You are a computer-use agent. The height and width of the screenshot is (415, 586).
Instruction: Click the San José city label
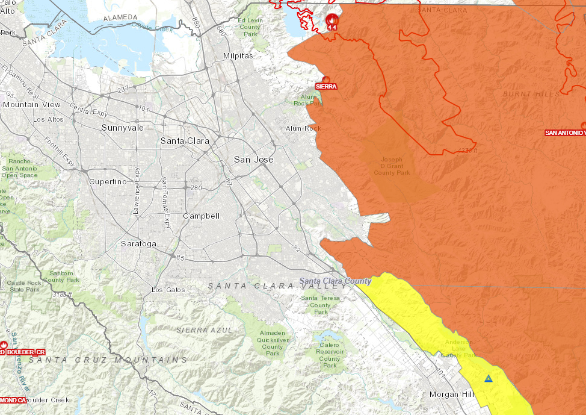click(x=253, y=160)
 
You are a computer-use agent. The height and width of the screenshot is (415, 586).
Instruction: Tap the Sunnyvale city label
click(x=122, y=128)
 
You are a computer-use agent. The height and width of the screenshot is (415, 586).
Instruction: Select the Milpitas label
click(x=238, y=55)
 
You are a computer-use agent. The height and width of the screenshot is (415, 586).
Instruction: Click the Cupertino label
click(x=108, y=181)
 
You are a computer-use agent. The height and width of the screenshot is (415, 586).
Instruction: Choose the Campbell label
click(x=201, y=216)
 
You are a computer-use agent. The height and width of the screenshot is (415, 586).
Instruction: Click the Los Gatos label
click(x=168, y=290)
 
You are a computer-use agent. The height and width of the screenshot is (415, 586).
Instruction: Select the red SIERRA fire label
click(x=326, y=86)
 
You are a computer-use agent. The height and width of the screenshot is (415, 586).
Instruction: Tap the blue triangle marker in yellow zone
click(x=488, y=379)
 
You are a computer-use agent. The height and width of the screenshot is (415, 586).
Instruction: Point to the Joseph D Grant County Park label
click(x=392, y=166)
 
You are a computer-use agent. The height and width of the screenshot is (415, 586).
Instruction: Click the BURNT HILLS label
click(x=531, y=94)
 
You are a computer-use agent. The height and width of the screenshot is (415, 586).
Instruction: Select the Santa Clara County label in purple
click(x=336, y=281)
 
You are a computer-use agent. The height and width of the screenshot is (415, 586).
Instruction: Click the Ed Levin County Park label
click(x=251, y=27)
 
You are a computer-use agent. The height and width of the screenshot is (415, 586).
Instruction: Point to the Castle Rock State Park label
click(x=24, y=286)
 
